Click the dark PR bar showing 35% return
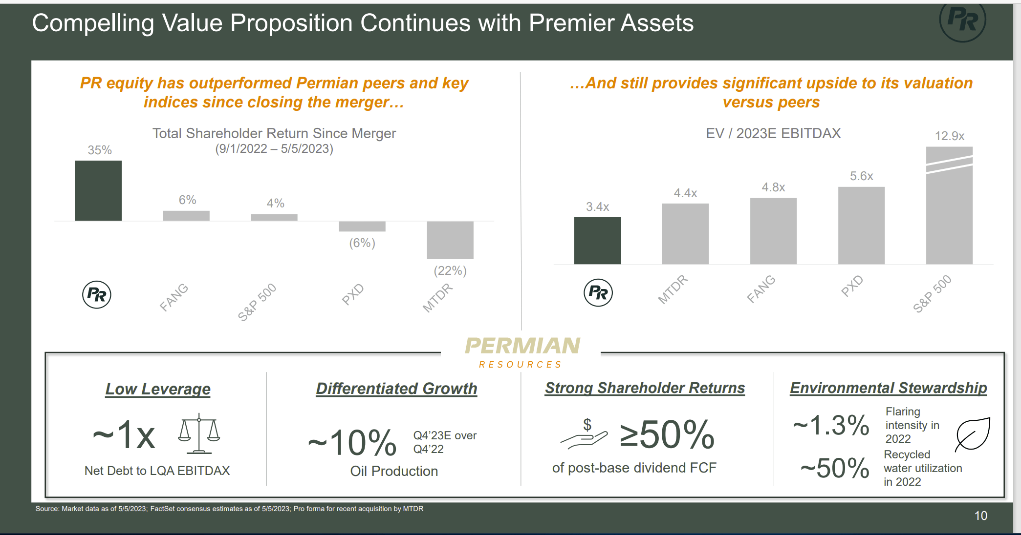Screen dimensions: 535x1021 [x=98, y=191]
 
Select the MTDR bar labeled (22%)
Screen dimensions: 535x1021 [x=450, y=240]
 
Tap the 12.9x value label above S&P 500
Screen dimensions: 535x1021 [x=949, y=136]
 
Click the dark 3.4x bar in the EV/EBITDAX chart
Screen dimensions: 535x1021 [x=597, y=241]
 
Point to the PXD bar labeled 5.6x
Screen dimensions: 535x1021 [x=861, y=226]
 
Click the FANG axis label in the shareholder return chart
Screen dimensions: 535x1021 [x=174, y=297]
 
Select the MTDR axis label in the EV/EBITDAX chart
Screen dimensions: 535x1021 [x=673, y=289]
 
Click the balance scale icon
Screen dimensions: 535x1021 [x=199, y=433]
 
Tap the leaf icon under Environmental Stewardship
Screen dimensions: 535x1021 [x=973, y=433]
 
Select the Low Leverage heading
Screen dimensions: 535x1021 [x=158, y=389]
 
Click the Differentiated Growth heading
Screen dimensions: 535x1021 [x=396, y=389]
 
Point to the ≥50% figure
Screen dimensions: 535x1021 [x=667, y=434]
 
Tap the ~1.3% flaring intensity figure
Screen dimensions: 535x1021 [x=831, y=425]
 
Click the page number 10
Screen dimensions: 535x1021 [x=980, y=515]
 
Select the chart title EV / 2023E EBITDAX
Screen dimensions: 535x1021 [x=773, y=133]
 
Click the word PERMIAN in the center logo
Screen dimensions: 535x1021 [x=522, y=346]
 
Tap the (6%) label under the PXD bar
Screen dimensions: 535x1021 [x=362, y=243]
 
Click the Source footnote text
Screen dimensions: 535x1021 [x=229, y=509]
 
